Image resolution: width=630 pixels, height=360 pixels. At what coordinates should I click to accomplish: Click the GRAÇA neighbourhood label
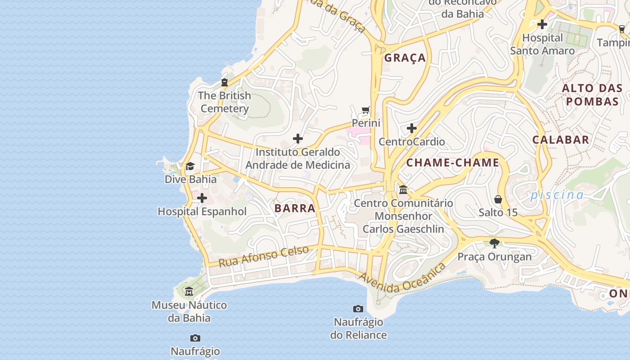(x=405, y=58)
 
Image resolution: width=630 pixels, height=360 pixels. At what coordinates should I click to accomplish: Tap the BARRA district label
(x=295, y=208)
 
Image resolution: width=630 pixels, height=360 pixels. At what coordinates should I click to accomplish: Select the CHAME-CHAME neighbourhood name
(x=453, y=162)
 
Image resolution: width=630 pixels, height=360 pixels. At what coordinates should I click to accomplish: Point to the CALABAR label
(x=561, y=139)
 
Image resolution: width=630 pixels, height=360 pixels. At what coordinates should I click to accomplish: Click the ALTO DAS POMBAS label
(x=592, y=94)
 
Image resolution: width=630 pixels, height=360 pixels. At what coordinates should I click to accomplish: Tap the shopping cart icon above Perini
(x=366, y=110)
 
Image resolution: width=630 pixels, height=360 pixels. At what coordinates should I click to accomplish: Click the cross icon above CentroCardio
(x=412, y=129)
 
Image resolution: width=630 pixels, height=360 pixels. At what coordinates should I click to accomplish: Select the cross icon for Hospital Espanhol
(x=202, y=198)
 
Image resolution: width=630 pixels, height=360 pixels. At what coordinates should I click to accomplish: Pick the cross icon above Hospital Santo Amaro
(x=542, y=24)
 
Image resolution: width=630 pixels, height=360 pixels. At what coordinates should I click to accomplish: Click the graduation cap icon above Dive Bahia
(x=190, y=166)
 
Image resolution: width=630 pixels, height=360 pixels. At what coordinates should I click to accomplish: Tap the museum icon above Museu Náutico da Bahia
(x=189, y=292)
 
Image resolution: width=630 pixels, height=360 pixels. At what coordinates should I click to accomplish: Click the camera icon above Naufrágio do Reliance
(x=358, y=309)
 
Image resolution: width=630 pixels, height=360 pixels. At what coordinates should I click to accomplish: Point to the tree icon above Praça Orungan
(x=495, y=243)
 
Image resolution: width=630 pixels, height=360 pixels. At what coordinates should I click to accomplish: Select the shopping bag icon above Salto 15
(x=498, y=199)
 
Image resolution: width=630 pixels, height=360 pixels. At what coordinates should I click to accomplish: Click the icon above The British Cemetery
(x=225, y=82)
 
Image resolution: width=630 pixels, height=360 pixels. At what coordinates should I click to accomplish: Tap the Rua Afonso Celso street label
(x=264, y=256)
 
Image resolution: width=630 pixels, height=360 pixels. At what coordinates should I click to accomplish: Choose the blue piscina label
(x=557, y=195)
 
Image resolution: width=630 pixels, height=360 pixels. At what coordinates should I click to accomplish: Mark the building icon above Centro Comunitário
(x=403, y=189)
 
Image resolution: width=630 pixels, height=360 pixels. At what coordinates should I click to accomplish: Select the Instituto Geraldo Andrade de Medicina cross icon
(x=298, y=139)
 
